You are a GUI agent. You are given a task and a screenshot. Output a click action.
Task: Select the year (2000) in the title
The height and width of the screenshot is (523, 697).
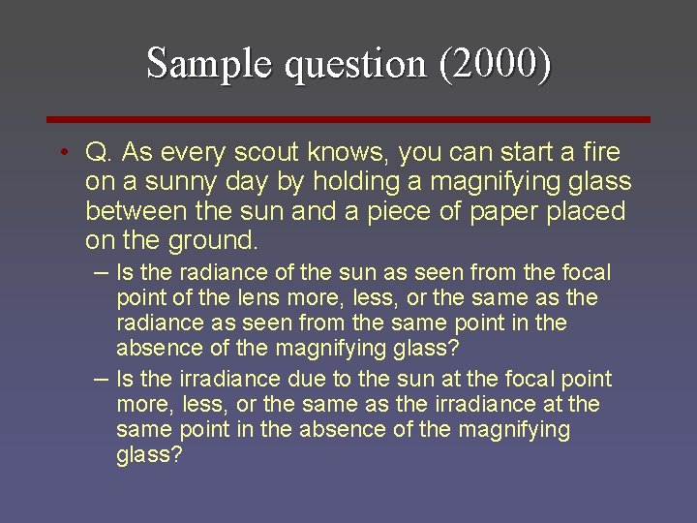pos(495,64)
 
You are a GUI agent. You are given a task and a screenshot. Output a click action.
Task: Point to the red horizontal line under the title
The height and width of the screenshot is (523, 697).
pos(349,119)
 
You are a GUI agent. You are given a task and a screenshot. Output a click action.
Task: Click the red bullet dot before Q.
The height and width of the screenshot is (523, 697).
pos(61,153)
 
